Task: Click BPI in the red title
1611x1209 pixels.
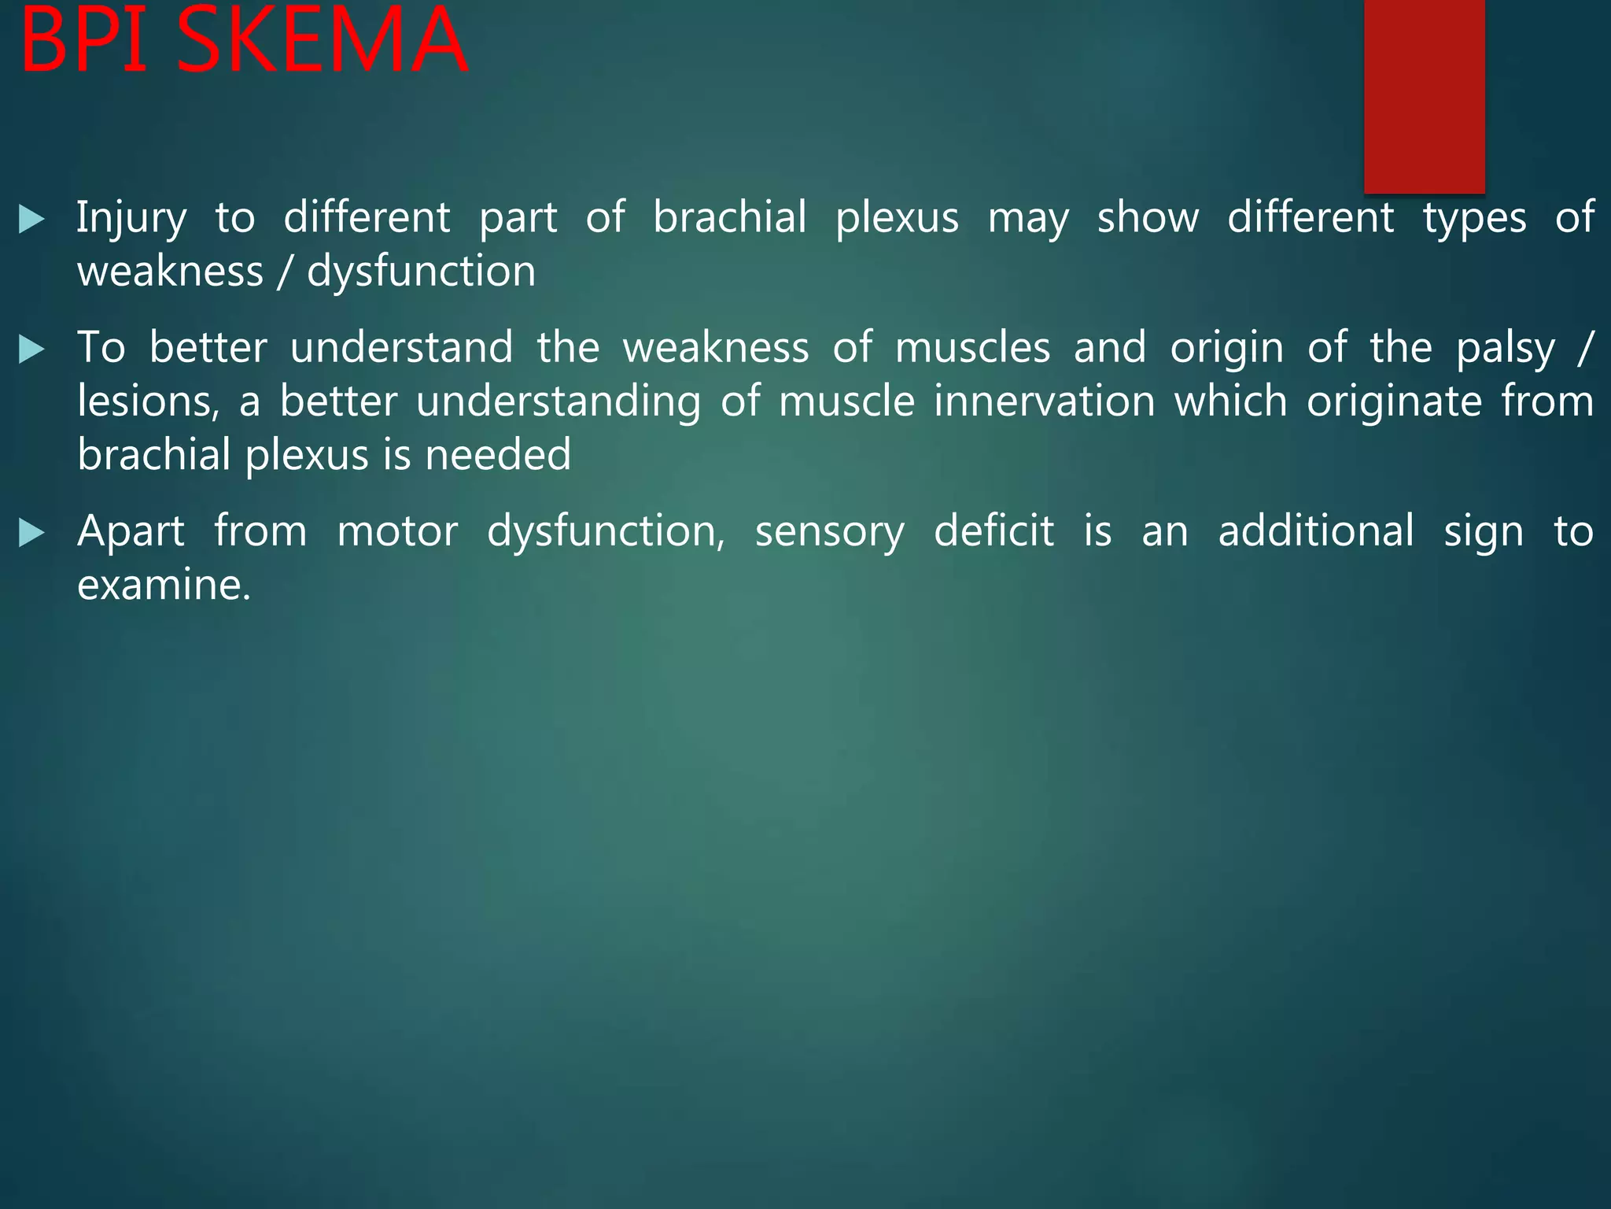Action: coord(85,41)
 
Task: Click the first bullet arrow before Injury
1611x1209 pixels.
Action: coord(31,219)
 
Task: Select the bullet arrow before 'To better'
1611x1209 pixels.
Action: coord(31,349)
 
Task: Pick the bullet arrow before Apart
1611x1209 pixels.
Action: coord(31,533)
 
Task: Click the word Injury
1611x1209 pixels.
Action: coord(131,219)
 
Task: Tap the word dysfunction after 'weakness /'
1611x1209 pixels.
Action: coord(421,272)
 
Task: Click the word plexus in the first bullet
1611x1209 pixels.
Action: coord(897,219)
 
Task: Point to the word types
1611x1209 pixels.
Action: coord(1474,219)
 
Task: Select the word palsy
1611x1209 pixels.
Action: coord(1505,349)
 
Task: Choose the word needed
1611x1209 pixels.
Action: coord(497,456)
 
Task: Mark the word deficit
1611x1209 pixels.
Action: coord(994,531)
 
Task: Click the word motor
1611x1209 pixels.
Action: coord(397,531)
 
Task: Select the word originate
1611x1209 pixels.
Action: coord(1394,401)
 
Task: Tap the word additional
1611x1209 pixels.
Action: coord(1316,531)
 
